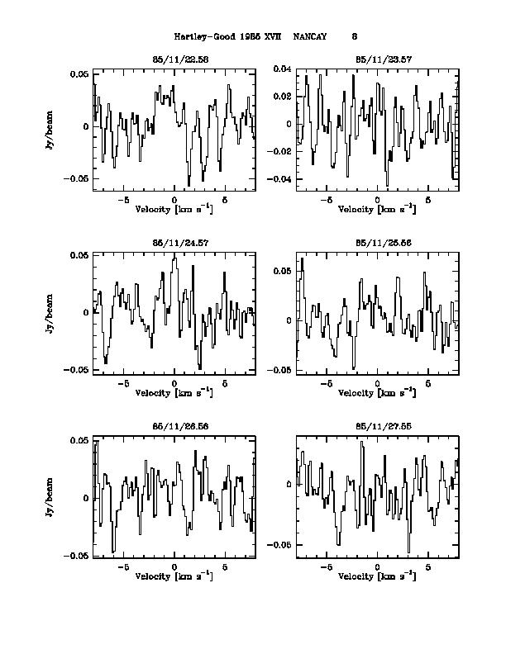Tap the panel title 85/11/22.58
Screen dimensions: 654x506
tap(174, 59)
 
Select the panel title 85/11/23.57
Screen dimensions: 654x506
tap(377, 59)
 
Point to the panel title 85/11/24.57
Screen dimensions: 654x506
tap(174, 244)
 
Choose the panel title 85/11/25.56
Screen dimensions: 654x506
tap(377, 244)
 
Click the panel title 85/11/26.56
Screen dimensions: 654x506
tap(174, 428)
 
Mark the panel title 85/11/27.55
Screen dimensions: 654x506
tap(377, 428)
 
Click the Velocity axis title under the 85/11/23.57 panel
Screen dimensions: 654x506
tap(377, 209)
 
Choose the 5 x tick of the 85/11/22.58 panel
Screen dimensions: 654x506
tap(225, 200)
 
